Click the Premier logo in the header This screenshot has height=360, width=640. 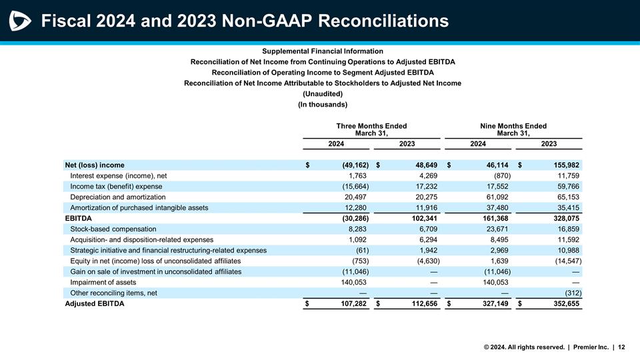pyautogui.click(x=20, y=21)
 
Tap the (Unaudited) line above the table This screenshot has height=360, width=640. pyautogui.click(x=323, y=93)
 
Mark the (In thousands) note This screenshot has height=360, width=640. pyautogui.click(x=323, y=104)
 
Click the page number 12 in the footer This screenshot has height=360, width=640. pyautogui.click(x=621, y=347)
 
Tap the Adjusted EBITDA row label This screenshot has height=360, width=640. pyautogui.click(x=94, y=304)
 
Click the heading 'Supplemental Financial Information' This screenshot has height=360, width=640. pyautogui.click(x=323, y=51)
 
